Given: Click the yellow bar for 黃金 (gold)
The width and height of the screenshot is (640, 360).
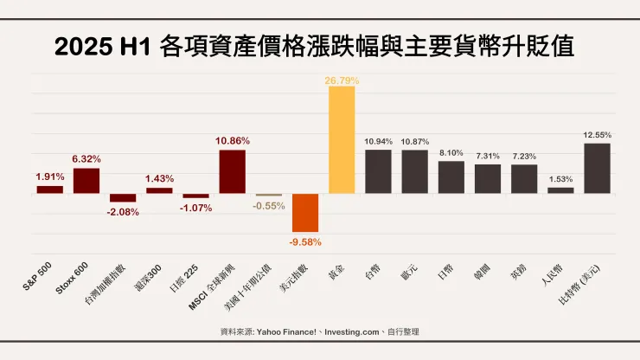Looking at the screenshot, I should pyautogui.click(x=342, y=140).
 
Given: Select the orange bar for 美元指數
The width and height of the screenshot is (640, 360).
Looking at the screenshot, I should pyautogui.click(x=305, y=213).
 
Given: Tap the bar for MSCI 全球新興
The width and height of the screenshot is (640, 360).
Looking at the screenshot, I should pyautogui.click(x=232, y=171).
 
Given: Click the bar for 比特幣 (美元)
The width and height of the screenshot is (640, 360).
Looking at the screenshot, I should pyautogui.click(x=598, y=168).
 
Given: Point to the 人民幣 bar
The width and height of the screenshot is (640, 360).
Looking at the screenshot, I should pyautogui.click(x=560, y=190).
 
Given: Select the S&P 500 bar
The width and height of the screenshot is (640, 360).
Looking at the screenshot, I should pyautogui.click(x=49, y=189).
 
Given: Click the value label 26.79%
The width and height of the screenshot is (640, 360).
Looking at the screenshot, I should pyautogui.click(x=342, y=80).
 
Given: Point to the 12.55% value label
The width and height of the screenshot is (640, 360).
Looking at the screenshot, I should pyautogui.click(x=598, y=135).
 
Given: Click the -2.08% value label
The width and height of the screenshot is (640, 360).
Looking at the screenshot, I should pyautogui.click(x=122, y=212).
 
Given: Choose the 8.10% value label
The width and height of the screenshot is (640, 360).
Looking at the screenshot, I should pyautogui.click(x=451, y=152).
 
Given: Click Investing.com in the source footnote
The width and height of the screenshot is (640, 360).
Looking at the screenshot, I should pyautogui.click(x=345, y=331).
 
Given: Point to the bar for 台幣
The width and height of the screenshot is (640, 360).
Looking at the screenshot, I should pyautogui.click(x=378, y=171).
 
